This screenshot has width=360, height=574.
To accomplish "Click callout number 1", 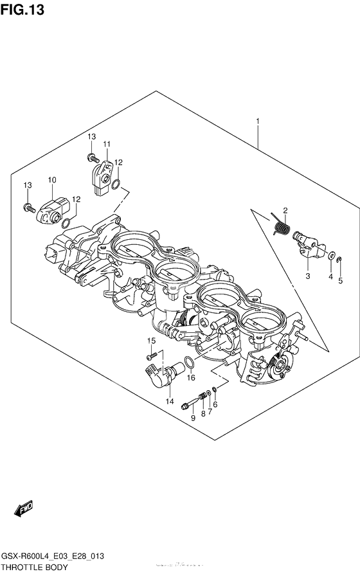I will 258,121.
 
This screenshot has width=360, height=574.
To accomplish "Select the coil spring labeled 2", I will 281,226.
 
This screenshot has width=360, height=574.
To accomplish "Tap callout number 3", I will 308,276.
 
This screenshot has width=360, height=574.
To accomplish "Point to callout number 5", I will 341,280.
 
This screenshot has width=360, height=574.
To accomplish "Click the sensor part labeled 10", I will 53,208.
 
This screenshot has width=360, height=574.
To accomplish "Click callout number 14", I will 170,401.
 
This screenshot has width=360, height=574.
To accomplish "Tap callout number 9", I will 192,418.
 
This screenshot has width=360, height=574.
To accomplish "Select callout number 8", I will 203,414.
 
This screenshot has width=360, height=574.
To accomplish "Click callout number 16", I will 191,378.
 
